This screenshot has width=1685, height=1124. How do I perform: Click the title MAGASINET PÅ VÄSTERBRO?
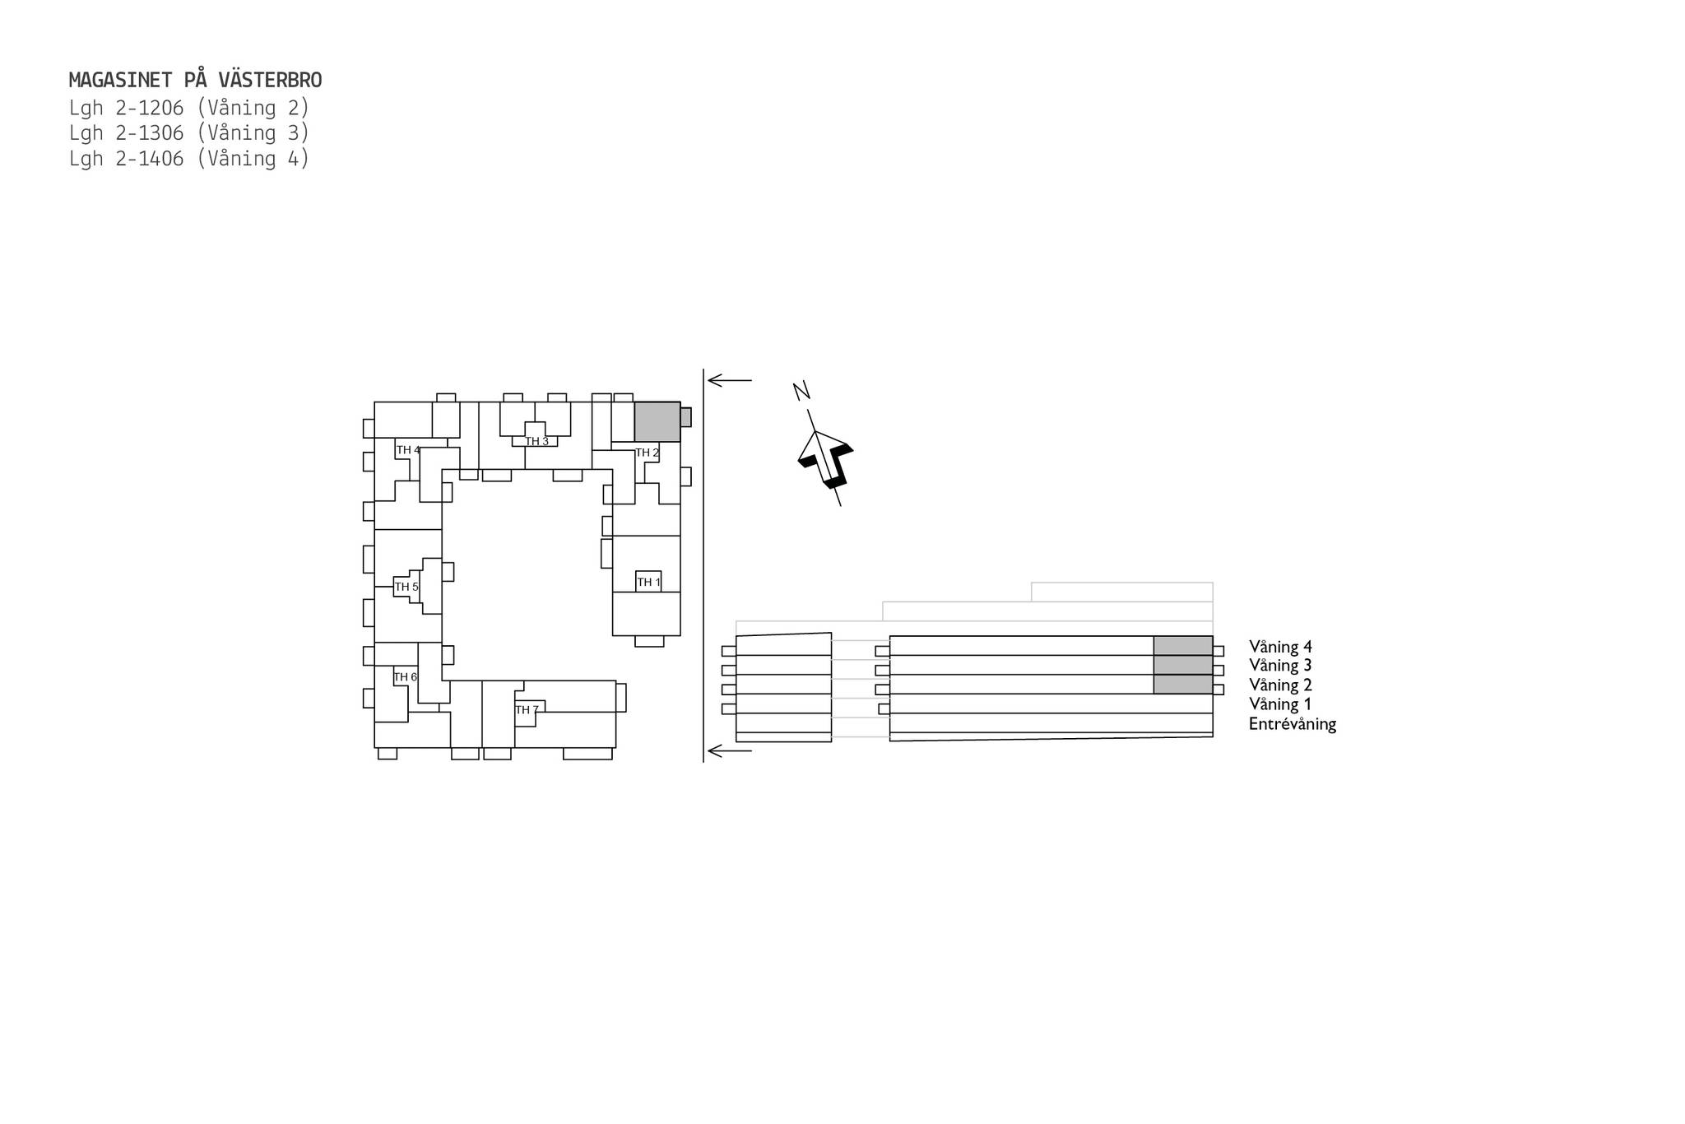[x=195, y=80]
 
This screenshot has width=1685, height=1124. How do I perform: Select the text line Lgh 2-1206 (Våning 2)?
[x=189, y=108]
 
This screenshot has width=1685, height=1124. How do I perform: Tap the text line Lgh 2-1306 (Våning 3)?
[x=189, y=133]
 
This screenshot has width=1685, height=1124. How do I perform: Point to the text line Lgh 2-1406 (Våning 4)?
[x=189, y=159]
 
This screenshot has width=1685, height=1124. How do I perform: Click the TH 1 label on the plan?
[x=649, y=583]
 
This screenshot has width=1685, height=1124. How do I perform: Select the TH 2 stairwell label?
[x=648, y=453]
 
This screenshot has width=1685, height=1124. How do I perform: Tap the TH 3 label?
[x=537, y=442]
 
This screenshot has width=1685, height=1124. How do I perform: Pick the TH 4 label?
[x=408, y=450]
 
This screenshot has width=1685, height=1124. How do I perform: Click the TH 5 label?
[x=406, y=587]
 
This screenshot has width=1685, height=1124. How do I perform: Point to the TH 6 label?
[x=406, y=677]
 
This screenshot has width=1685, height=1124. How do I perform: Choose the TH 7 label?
[x=527, y=710]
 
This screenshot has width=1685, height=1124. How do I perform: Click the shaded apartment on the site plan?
[x=657, y=422]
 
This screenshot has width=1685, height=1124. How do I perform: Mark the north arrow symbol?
[x=825, y=459]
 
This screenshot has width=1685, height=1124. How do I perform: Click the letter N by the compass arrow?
[x=802, y=391]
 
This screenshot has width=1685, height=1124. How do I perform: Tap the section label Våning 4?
[x=1280, y=648]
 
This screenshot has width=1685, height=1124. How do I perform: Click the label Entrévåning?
[x=1293, y=724]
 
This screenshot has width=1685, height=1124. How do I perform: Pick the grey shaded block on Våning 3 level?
[x=1183, y=665]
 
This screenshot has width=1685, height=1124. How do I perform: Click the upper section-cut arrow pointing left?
[x=730, y=380]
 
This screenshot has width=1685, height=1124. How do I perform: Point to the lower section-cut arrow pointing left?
[x=730, y=750]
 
